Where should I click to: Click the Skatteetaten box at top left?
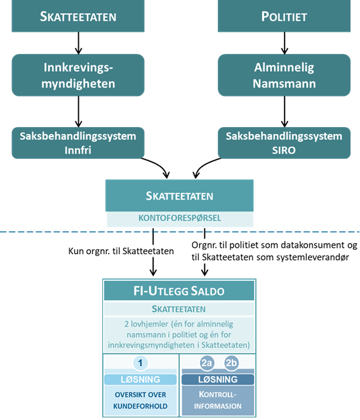coord(78,16)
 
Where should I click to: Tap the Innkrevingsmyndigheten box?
coord(78,74)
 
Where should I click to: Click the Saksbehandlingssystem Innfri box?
coord(77,142)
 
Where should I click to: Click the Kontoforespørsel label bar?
coord(179,218)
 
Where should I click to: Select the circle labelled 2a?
coord(207,364)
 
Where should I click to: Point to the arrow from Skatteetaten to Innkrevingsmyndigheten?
coord(78,43)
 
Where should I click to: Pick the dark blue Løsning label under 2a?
coord(218,379)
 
